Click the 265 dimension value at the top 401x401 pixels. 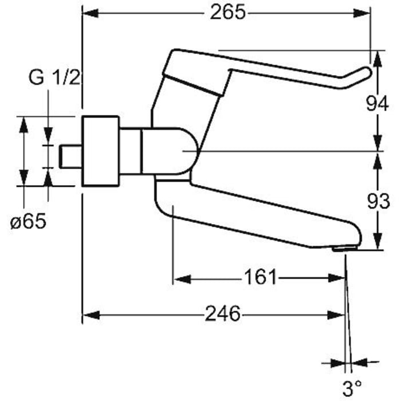coord(227,13)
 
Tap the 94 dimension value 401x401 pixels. coord(378,104)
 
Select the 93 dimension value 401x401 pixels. coord(378,201)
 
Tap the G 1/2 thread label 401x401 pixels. coord(55,78)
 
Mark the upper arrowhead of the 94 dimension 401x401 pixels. coord(378,57)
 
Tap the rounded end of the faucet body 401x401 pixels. coord(189,151)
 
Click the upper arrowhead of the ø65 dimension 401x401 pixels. coord(23,124)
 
